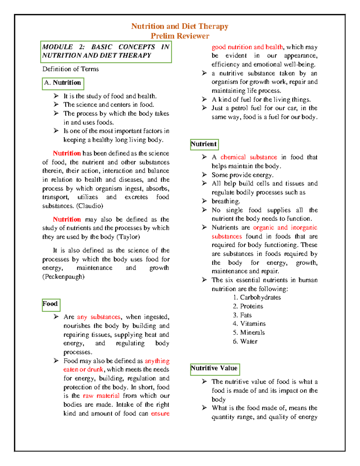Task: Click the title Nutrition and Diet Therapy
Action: point(180,26)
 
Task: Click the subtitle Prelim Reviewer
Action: point(180,36)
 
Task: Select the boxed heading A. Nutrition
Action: point(63,83)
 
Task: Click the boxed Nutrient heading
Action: point(204,144)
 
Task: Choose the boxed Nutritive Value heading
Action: point(214,368)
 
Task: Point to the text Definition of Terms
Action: point(70,69)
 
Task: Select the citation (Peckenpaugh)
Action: point(63,277)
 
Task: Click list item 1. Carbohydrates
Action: point(257,297)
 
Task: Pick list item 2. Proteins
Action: point(248,306)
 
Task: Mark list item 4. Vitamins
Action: point(249,324)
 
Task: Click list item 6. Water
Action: point(245,341)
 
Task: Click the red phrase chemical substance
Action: point(249,157)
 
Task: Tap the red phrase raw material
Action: point(101,396)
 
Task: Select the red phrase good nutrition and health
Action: point(247,47)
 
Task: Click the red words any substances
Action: point(99,317)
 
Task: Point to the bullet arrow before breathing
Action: point(204,201)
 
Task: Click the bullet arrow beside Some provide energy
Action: point(204,175)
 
